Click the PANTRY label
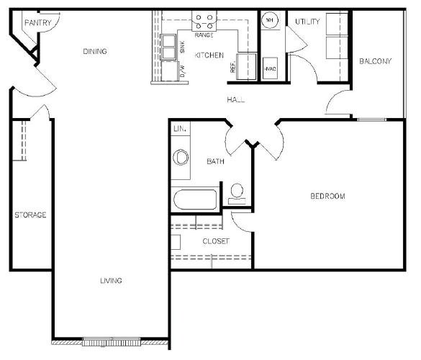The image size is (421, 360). point(38,22)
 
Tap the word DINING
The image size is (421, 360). point(95,51)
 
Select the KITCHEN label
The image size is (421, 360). point(209,55)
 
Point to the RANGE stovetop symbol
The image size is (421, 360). point(204,22)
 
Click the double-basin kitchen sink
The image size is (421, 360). point(168,47)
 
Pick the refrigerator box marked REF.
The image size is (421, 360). point(246,66)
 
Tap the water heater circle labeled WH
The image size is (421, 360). point(270,20)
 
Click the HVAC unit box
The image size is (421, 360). point(270,68)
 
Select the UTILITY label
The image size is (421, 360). point(307,22)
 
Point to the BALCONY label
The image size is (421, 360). point(376,61)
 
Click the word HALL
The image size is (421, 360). point(236,99)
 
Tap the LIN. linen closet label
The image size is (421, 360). point(180,129)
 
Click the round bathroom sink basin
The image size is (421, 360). point(181,158)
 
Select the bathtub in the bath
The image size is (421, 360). point(195,199)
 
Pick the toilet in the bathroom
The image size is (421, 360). point(237,194)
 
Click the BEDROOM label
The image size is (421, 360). point(327,196)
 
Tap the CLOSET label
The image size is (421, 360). point(216,241)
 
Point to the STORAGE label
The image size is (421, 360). point(30,215)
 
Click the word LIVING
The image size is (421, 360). point(111,281)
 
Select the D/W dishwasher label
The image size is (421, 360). point(182,71)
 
